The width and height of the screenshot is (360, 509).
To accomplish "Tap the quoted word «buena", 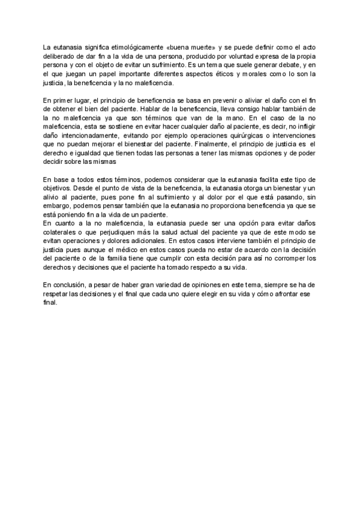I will click(173, 46).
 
